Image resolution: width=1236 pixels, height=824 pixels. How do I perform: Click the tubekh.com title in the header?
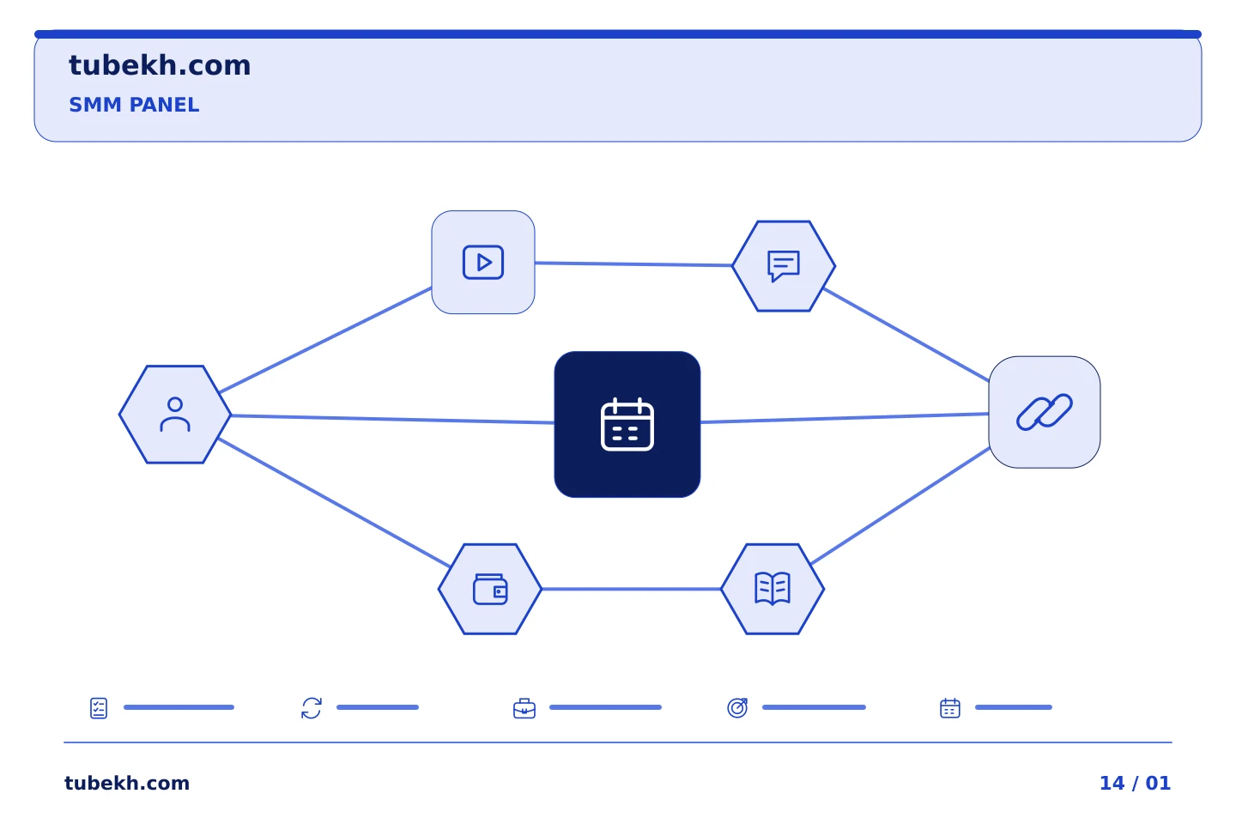160,65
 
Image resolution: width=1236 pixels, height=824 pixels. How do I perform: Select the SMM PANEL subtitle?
134,105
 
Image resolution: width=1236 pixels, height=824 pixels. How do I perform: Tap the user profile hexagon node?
175,415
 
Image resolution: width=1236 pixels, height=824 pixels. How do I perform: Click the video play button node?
482,262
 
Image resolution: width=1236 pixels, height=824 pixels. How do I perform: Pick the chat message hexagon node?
784,266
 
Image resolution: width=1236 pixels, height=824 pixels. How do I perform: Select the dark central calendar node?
627,424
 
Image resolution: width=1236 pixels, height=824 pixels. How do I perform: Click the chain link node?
1045,412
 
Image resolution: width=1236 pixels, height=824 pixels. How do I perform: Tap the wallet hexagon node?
490,589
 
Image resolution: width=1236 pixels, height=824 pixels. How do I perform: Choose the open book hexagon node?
772,589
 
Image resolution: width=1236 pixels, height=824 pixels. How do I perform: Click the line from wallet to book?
631,589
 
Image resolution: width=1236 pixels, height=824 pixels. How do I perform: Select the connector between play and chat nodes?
633,264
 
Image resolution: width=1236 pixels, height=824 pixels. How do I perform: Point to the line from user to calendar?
392,419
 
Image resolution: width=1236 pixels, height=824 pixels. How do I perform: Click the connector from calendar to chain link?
845,418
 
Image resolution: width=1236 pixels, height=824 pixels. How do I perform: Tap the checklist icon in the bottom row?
99,708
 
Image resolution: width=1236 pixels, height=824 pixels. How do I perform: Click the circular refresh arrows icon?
312,708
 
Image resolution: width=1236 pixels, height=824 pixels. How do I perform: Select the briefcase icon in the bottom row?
524,709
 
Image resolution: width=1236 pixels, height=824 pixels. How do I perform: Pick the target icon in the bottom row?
737,708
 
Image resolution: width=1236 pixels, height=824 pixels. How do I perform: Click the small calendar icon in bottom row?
950,708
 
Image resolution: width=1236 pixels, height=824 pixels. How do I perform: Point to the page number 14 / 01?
1135,783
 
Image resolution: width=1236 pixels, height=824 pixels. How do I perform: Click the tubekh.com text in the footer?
127,783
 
